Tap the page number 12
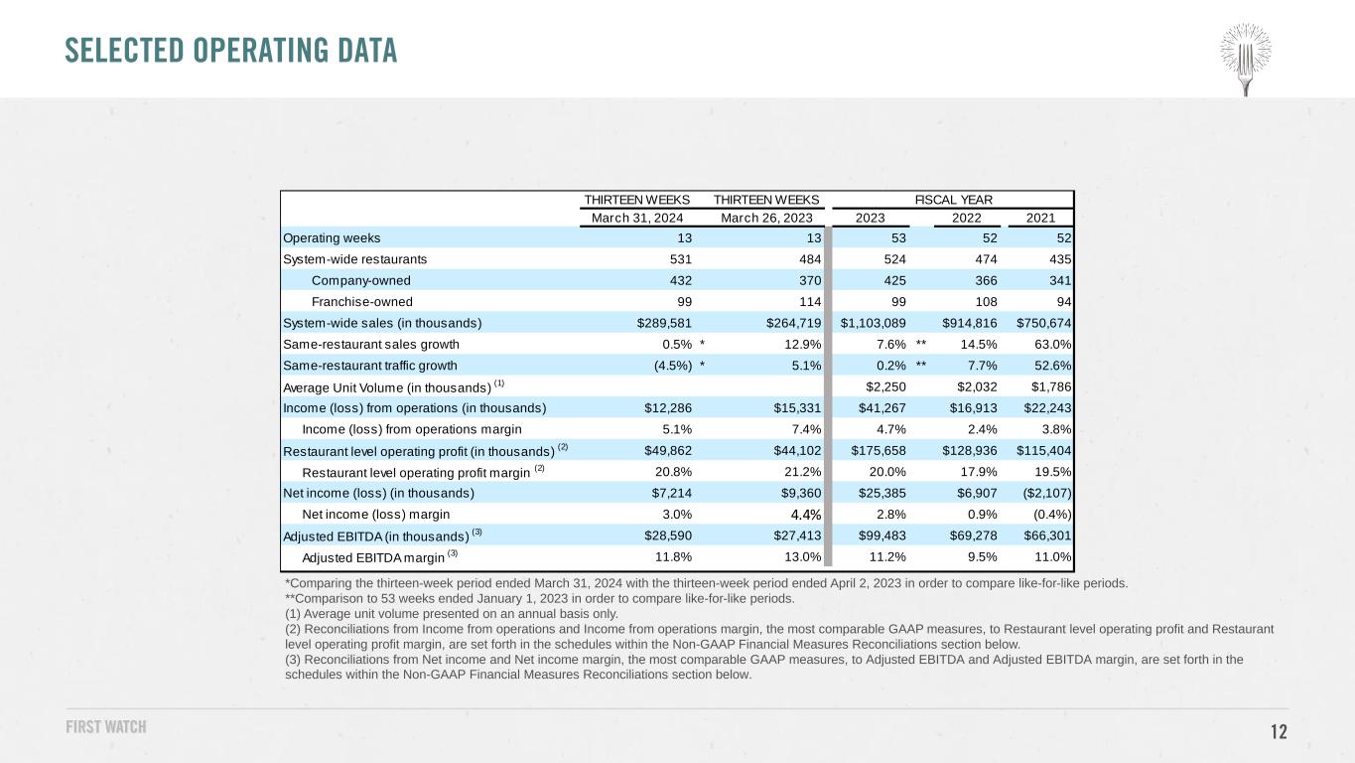(1279, 731)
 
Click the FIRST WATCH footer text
(106, 726)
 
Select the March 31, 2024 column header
(637, 218)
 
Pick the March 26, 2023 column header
(766, 218)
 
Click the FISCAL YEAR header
(953, 200)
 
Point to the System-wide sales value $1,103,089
(873, 323)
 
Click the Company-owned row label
(360, 281)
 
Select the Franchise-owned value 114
(810, 302)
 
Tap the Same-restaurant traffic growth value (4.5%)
(673, 366)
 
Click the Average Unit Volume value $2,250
(885, 386)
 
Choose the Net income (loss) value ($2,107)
(1046, 493)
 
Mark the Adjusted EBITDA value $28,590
(668, 535)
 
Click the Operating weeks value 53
(898, 238)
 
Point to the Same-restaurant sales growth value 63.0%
(1052, 345)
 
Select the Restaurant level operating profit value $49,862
(668, 450)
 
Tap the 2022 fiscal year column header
(966, 218)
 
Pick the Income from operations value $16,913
(973, 408)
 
